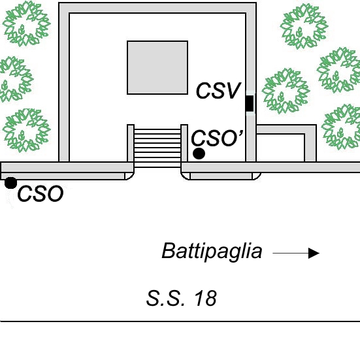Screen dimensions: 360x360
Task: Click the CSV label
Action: click(218, 91)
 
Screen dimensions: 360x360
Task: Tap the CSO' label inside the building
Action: click(217, 138)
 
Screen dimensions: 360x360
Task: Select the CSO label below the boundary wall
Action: click(40, 194)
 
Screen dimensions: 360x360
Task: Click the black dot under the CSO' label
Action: click(199, 154)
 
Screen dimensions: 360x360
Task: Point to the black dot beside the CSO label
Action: click(10, 183)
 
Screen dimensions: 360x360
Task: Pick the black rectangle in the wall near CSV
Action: click(250, 103)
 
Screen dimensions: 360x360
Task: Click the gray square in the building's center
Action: click(157, 67)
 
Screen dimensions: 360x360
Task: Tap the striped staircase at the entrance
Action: click(157, 148)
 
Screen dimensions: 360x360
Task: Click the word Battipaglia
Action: click(212, 251)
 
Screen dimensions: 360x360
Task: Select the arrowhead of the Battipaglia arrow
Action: click(314, 253)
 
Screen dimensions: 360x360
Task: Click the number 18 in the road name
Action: click(206, 298)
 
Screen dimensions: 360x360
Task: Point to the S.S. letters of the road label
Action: click(165, 298)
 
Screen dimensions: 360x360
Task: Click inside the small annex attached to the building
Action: click(280, 148)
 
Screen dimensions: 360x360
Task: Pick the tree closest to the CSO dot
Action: click(26, 130)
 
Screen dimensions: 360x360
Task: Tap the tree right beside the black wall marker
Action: click(286, 91)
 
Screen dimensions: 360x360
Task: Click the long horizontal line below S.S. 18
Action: click(180, 321)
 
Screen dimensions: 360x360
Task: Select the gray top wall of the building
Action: click(157, 8)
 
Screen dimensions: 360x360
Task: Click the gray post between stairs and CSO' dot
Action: click(184, 143)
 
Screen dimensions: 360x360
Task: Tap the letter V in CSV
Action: click(233, 91)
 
